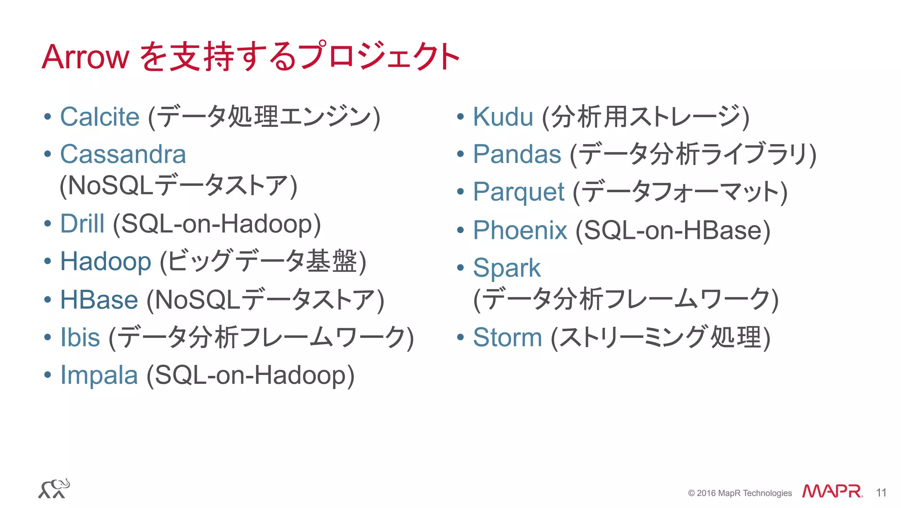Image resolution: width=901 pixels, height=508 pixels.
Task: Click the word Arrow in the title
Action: tap(85, 57)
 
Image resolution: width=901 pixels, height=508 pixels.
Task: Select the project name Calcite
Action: tap(100, 117)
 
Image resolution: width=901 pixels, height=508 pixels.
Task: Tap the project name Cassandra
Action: tap(123, 155)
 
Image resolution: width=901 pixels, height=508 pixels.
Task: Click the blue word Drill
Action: tap(82, 224)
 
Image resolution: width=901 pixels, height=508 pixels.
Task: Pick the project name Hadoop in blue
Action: tap(106, 262)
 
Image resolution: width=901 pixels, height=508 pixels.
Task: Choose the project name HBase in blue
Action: tap(99, 300)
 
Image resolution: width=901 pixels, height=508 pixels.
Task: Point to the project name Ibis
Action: tap(80, 337)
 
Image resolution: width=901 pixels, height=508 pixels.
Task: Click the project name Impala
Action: tap(99, 375)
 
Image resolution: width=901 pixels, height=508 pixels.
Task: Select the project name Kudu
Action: tap(503, 117)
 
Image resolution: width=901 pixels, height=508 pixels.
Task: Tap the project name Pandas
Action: tap(517, 155)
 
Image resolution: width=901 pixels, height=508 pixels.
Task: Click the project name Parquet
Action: tap(518, 192)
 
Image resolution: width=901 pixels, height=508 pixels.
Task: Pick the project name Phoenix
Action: tap(520, 230)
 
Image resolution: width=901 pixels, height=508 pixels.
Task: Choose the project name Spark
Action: tap(507, 268)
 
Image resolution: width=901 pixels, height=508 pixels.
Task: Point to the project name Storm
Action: tap(507, 337)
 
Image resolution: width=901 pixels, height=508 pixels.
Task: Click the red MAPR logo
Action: tap(831, 491)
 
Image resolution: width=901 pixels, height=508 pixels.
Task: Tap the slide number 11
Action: tap(881, 493)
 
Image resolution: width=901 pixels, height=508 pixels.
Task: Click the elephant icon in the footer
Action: tap(54, 489)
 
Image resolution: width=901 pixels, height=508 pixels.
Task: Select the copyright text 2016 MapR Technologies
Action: tap(740, 493)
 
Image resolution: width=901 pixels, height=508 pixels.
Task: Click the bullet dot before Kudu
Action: tap(461, 117)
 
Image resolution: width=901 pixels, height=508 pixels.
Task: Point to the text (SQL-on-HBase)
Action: tap(673, 230)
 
